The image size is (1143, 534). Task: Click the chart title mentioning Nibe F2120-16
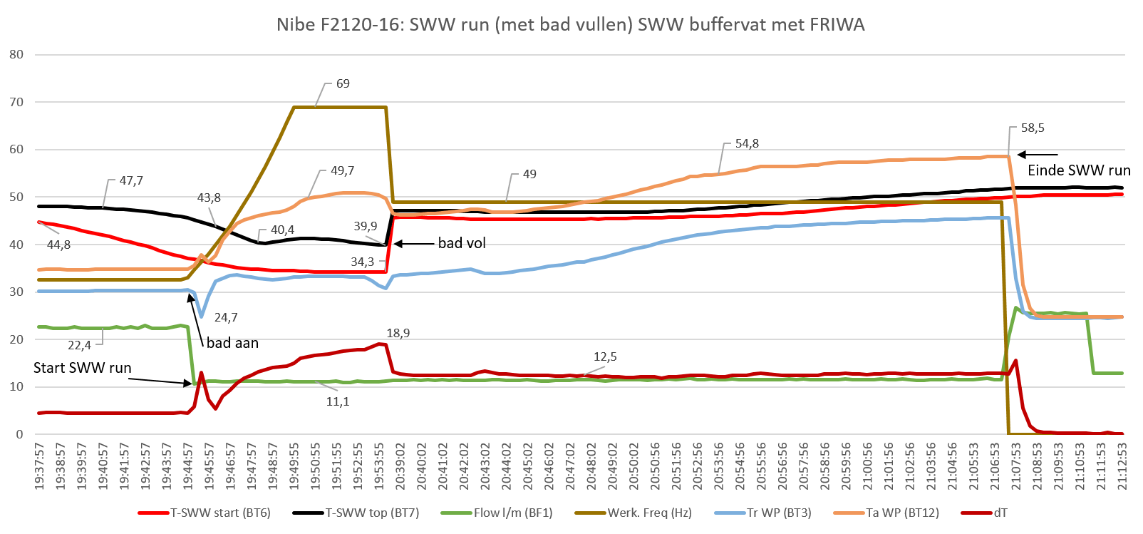coord(570,25)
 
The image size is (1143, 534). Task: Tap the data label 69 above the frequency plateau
coord(343,83)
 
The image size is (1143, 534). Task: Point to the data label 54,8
coord(747,143)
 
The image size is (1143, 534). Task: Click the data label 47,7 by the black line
coord(131,180)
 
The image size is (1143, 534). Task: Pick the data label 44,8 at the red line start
coord(58,245)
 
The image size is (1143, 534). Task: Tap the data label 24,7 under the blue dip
coord(226,317)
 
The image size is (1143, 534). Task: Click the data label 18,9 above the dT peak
coord(398,333)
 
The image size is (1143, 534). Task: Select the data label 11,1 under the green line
coord(338,401)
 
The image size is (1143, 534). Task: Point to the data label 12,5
coord(605,356)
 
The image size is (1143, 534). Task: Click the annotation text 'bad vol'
coord(462,243)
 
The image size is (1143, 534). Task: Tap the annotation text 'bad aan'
coord(232,343)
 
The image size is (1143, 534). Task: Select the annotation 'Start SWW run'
coord(82,368)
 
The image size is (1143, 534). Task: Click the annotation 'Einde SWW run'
coord(1079,170)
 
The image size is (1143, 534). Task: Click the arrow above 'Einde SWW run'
coord(1038,154)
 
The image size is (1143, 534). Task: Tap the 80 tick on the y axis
coord(16,54)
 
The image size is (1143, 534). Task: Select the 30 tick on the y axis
coord(16,292)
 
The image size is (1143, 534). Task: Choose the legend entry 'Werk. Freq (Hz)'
coord(648,512)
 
